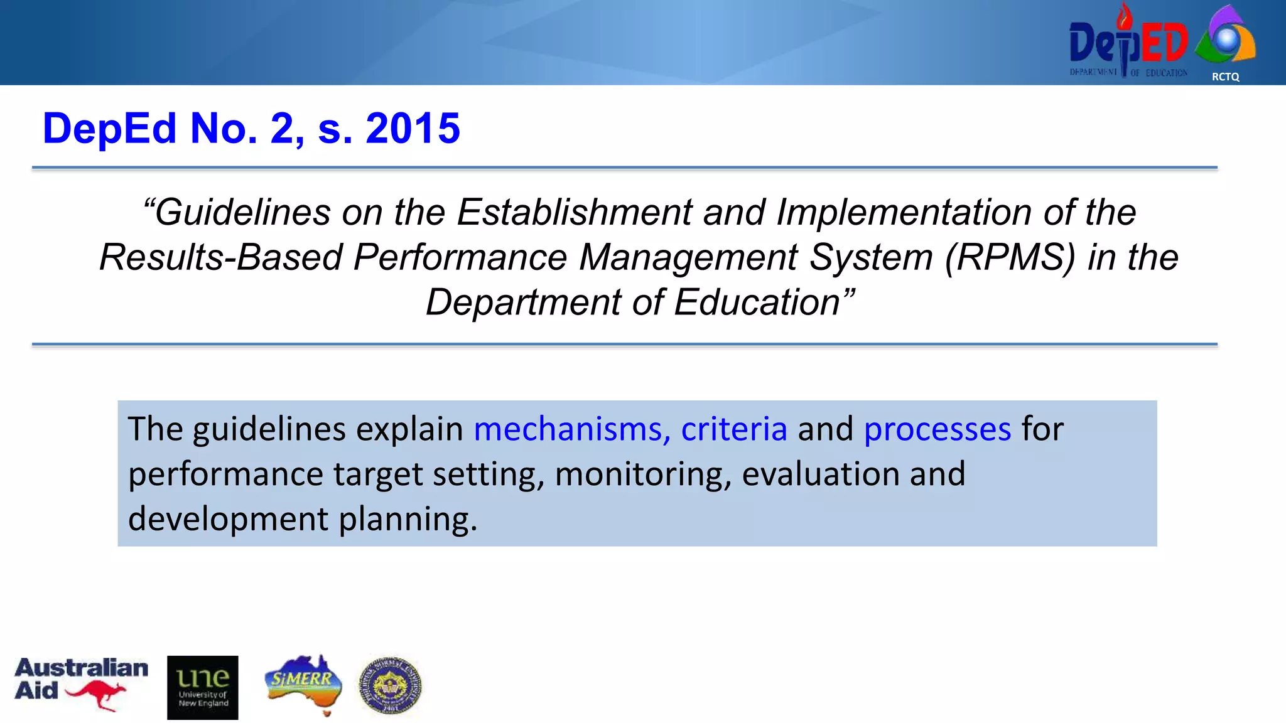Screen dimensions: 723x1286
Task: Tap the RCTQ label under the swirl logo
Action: (1225, 77)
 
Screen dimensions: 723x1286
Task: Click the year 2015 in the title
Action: (413, 129)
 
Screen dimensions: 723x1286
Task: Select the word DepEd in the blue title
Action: (109, 129)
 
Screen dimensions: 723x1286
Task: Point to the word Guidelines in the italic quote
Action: (242, 212)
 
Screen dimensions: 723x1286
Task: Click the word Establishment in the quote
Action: (574, 212)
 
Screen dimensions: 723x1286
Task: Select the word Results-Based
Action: (220, 257)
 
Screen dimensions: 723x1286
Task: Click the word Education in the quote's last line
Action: (756, 303)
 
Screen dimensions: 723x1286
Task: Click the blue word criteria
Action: (733, 429)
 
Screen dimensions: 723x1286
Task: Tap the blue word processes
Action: (937, 429)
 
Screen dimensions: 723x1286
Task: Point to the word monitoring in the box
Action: (643, 474)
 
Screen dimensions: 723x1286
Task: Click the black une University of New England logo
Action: (202, 687)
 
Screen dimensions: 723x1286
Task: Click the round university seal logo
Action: (390, 686)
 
